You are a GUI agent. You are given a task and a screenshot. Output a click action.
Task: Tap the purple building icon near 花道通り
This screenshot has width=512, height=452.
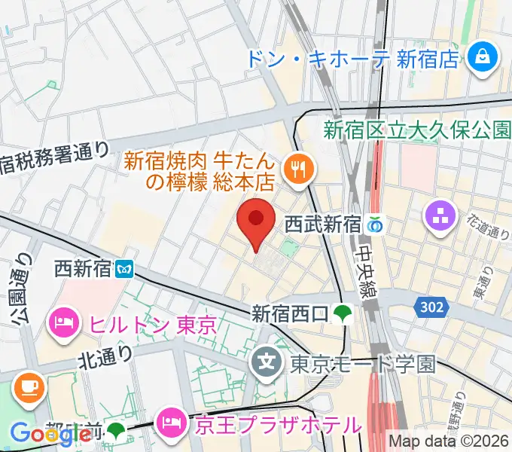440,217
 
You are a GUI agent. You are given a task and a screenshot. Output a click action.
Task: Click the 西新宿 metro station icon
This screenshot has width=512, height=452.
125,267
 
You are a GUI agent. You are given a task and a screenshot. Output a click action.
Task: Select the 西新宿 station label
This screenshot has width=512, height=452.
83,267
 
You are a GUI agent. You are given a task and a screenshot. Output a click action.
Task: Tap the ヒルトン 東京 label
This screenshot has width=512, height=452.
153,325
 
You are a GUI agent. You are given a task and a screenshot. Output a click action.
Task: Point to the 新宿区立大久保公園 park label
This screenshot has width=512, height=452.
417,129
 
